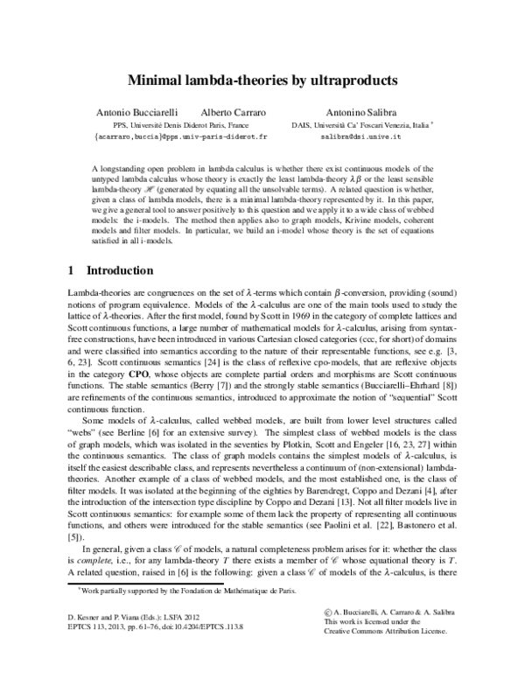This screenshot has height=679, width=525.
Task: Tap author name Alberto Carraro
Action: (232, 114)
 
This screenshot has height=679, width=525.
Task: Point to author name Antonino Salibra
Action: (362, 114)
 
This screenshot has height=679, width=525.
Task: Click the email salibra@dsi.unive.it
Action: (360, 138)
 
